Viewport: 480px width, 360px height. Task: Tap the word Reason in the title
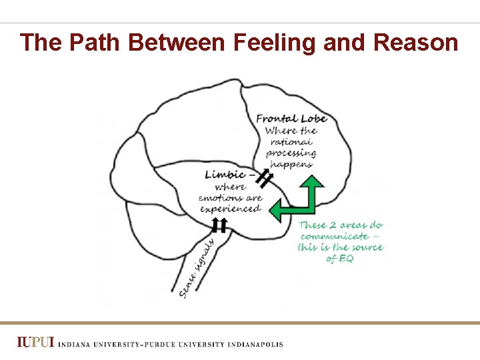click(416, 43)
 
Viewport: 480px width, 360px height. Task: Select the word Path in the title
click(95, 43)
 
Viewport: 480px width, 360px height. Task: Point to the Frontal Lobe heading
click(291, 119)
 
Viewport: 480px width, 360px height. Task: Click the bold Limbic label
click(225, 175)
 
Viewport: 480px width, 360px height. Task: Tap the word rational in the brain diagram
click(291, 141)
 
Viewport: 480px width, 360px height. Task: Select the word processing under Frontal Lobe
click(291, 153)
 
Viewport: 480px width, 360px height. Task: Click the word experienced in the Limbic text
click(230, 209)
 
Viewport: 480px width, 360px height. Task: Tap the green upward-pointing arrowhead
click(309, 183)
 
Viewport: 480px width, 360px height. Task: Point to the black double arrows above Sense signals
click(219, 225)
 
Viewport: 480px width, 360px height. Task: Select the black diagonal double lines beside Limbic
click(264, 178)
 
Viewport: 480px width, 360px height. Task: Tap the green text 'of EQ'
click(340, 259)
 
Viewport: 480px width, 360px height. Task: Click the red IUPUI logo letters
click(36, 343)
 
